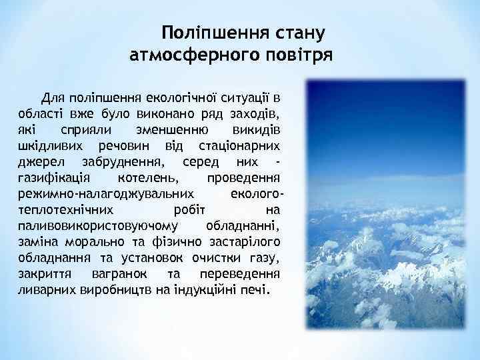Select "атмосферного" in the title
coord(191,54)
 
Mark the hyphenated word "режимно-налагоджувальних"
coord(104,193)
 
